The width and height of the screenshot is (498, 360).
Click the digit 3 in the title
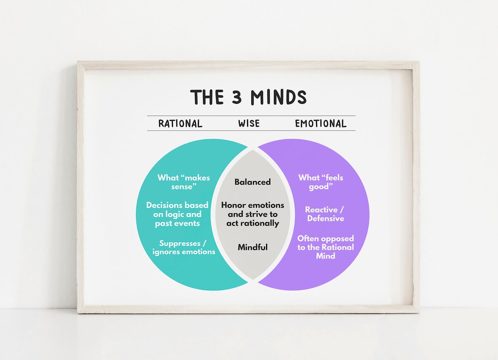click(x=237, y=97)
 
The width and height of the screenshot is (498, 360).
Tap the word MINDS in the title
click(x=279, y=97)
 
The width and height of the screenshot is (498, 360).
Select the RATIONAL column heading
click(x=180, y=123)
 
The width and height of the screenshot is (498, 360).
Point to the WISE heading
click(x=249, y=123)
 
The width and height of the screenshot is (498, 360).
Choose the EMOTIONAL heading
click(x=321, y=123)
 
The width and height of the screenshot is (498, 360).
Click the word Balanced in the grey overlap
click(x=253, y=182)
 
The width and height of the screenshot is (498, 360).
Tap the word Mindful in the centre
click(x=253, y=247)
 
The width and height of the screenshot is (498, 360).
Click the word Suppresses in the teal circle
click(x=180, y=244)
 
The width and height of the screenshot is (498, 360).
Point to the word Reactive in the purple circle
click(x=321, y=210)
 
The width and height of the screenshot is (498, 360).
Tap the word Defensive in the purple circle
click(x=326, y=218)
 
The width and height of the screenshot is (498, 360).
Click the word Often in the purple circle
click(x=308, y=239)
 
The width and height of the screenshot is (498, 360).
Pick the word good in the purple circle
click(x=319, y=186)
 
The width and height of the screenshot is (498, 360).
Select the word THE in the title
click(x=207, y=97)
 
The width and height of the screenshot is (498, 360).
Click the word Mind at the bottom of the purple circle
click(x=326, y=256)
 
